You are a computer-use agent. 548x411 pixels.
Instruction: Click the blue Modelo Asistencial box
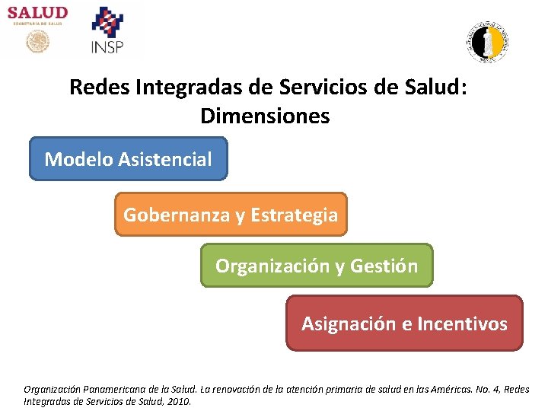pyautogui.click(x=128, y=159)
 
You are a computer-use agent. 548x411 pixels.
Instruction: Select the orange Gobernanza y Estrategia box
pyautogui.click(x=231, y=215)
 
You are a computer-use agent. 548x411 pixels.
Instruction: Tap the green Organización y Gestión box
pyautogui.click(x=316, y=266)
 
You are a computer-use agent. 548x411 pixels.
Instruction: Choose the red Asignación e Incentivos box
pyautogui.click(x=404, y=323)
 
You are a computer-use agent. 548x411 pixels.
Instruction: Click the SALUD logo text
pyautogui.click(x=38, y=14)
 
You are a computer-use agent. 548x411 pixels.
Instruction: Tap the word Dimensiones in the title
pyautogui.click(x=265, y=116)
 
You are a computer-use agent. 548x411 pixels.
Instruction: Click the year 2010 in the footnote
pyautogui.click(x=178, y=401)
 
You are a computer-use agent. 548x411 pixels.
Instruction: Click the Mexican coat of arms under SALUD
pyautogui.click(x=37, y=42)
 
